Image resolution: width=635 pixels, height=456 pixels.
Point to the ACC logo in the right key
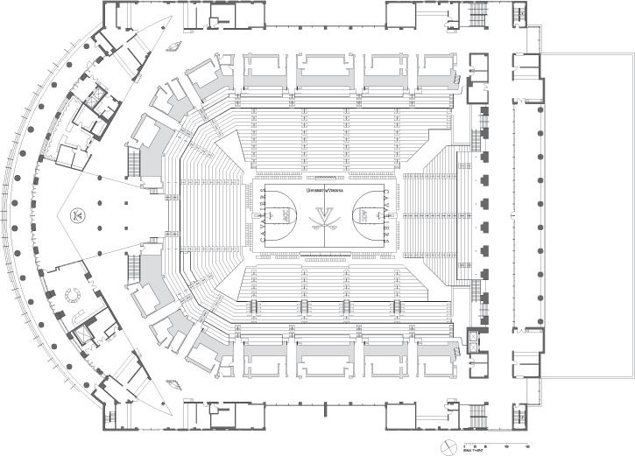364,215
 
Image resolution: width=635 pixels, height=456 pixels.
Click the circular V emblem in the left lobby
78,214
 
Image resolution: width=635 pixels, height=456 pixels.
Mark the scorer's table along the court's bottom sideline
325,256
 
